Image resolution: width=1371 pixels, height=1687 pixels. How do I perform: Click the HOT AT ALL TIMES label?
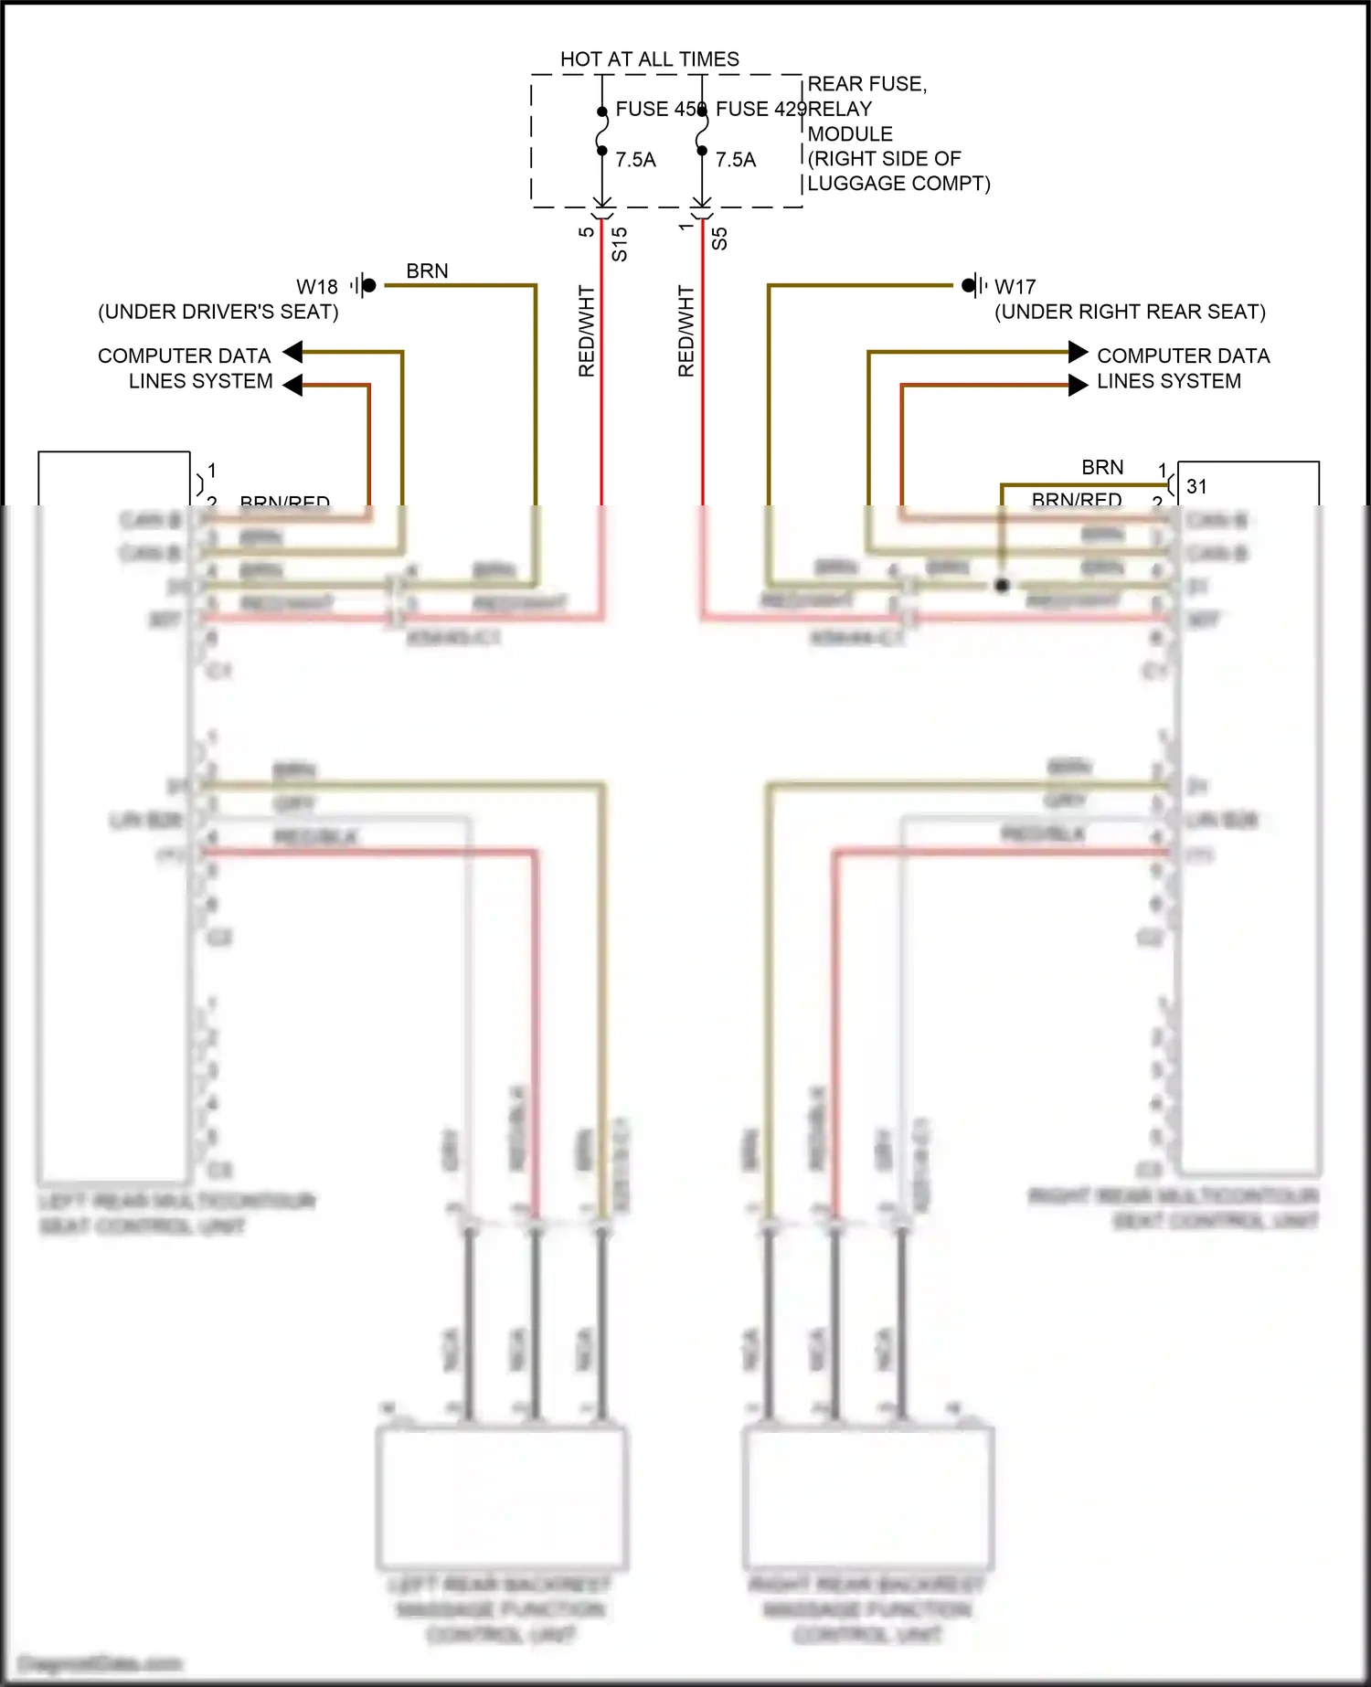(649, 59)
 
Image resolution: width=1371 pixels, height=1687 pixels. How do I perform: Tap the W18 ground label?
(317, 287)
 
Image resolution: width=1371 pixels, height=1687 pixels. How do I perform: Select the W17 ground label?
(1015, 287)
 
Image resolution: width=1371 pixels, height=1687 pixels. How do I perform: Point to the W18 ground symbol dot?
(369, 286)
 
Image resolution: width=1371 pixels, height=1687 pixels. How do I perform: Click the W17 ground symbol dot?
(968, 286)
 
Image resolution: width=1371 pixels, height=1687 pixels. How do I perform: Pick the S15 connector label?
(620, 244)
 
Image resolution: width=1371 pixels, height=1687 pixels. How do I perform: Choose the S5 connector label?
(719, 239)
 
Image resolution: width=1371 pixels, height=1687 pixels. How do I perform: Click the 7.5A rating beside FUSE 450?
(635, 160)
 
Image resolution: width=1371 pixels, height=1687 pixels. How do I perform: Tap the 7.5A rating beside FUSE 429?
(736, 160)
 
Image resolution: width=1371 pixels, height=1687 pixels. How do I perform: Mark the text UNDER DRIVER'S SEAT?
(218, 312)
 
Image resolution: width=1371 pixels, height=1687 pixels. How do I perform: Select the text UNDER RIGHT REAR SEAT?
(1130, 312)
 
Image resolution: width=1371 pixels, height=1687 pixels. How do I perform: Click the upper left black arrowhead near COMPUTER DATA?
(292, 352)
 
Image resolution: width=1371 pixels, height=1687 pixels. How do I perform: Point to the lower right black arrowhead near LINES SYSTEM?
(1079, 386)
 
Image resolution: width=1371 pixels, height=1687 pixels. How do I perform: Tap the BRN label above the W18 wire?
(427, 271)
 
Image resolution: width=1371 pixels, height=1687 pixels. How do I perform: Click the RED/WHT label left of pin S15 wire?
(587, 331)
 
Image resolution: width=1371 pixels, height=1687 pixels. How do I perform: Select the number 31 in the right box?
(1196, 487)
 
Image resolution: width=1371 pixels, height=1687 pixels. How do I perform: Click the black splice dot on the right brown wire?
(1002, 585)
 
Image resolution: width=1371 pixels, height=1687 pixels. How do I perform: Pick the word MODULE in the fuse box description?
(850, 134)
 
